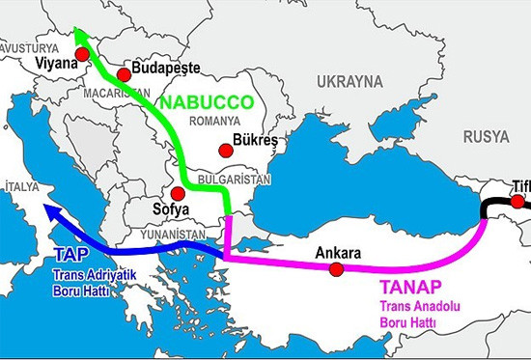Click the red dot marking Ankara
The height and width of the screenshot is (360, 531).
pos(336,270)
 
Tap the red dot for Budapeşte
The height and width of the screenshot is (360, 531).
pos(123,75)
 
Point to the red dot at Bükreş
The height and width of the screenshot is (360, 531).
pos(225,150)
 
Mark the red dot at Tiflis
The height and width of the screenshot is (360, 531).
pos(518,202)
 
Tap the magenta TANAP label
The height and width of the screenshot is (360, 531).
pos(409,287)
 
